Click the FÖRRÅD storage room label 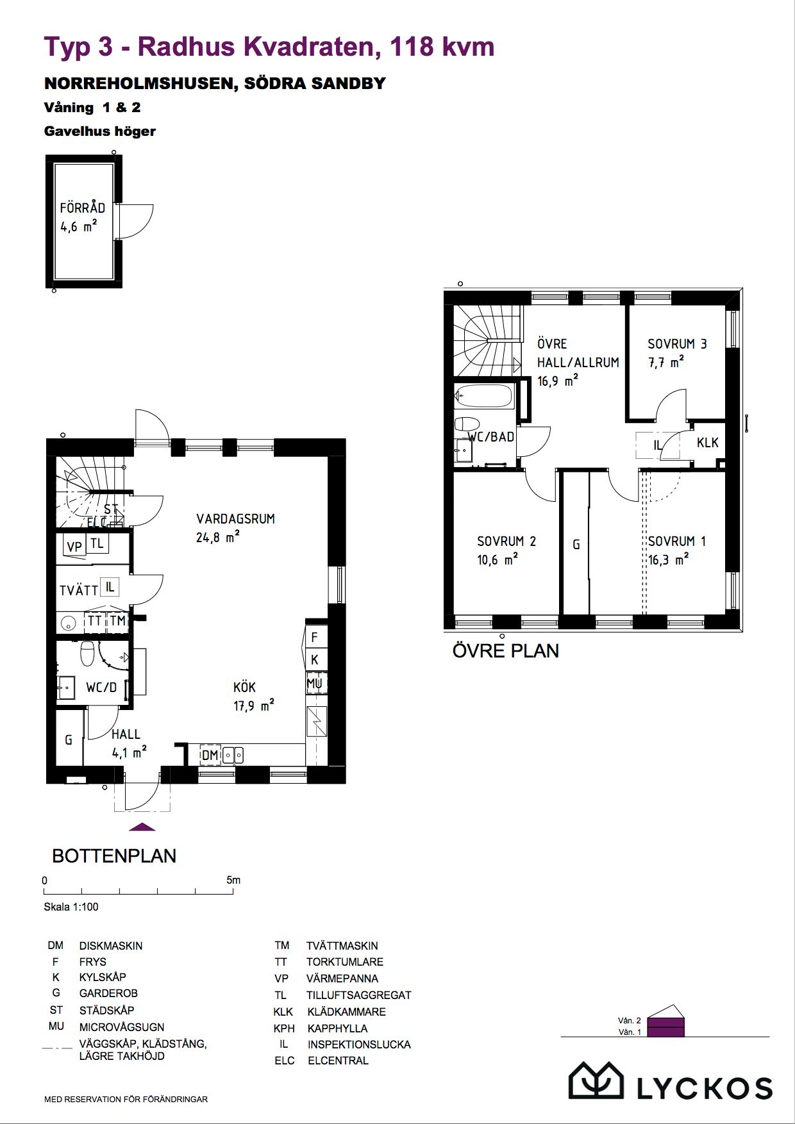point(82,208)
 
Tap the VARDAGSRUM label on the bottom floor point(235,518)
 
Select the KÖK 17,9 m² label point(253,696)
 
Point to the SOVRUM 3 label point(677,343)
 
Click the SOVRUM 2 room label point(506,541)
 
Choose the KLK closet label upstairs point(707,442)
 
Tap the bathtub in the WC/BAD point(483,396)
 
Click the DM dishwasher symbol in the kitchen point(210,755)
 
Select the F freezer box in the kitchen point(315,637)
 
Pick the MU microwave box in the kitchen point(315,682)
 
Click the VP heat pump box point(74,547)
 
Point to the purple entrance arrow point(142,827)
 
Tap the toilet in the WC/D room point(88,653)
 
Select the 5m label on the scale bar point(233,880)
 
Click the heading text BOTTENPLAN point(114,855)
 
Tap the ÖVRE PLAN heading point(506,650)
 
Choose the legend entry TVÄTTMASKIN point(342,945)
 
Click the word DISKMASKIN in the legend point(111,945)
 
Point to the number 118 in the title point(410,47)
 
